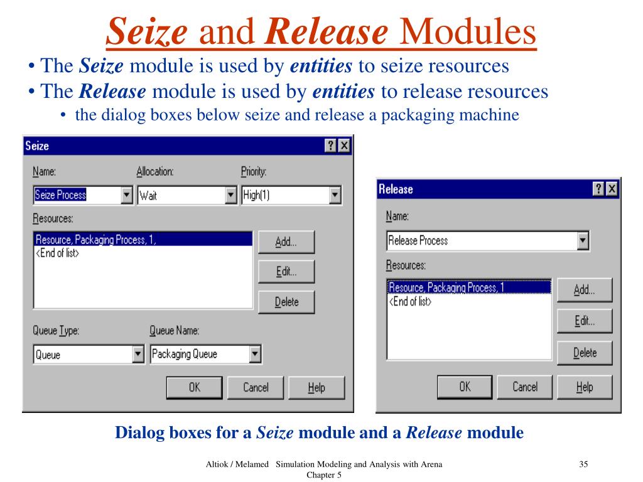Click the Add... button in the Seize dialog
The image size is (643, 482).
pos(286,242)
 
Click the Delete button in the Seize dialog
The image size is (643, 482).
pos(286,302)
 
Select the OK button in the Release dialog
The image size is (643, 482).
pos(464,387)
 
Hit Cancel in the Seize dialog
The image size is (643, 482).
pos(256,387)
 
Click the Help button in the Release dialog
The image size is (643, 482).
pos(584,387)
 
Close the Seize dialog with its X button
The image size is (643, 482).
pos(343,146)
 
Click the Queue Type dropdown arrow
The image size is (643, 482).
pos(139,355)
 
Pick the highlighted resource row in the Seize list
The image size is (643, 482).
pos(143,239)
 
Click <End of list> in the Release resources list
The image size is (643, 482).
pos(411,301)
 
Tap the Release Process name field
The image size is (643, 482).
pos(481,240)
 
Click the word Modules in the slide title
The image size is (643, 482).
pos(468,33)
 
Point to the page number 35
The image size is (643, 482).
pos(583,464)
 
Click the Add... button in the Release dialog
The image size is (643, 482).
pos(584,290)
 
